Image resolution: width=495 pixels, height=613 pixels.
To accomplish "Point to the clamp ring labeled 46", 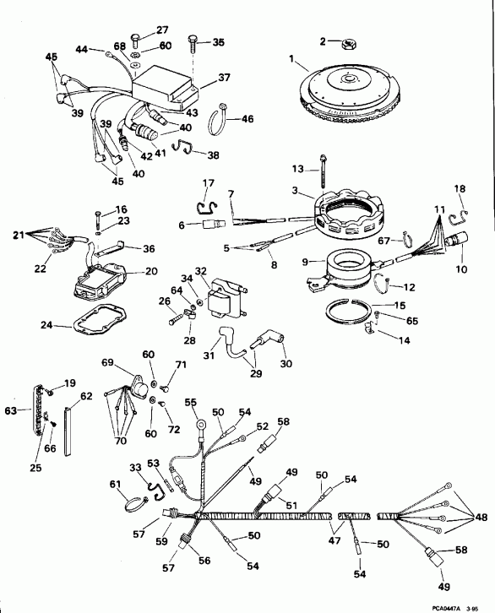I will coord(221,120).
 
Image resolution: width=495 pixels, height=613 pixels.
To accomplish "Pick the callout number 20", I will coord(152,271).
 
